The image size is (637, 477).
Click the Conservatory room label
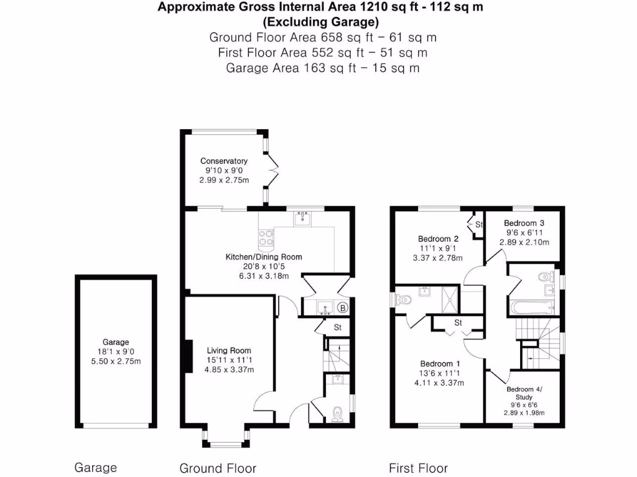coord(223,161)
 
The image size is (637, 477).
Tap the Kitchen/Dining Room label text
coord(264,257)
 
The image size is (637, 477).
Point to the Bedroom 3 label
coord(524,223)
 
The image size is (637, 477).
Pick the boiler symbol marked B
coord(341,307)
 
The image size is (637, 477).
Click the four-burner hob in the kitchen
coord(266,236)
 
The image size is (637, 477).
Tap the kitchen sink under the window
coord(303,218)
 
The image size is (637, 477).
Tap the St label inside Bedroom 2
coord(479,224)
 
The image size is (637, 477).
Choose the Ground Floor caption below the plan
coord(218,468)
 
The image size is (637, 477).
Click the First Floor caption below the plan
coord(418,468)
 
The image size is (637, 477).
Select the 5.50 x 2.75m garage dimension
coord(116,361)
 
